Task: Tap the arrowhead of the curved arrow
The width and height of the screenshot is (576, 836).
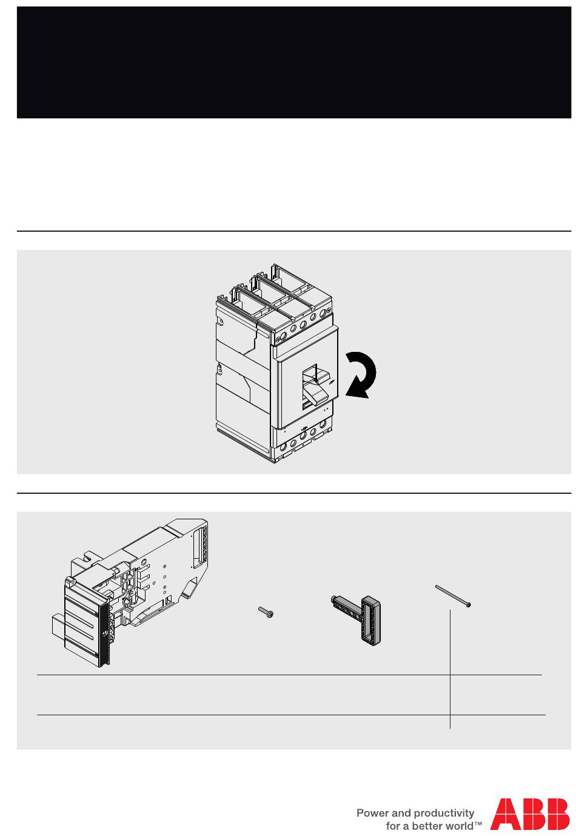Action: click(x=355, y=389)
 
